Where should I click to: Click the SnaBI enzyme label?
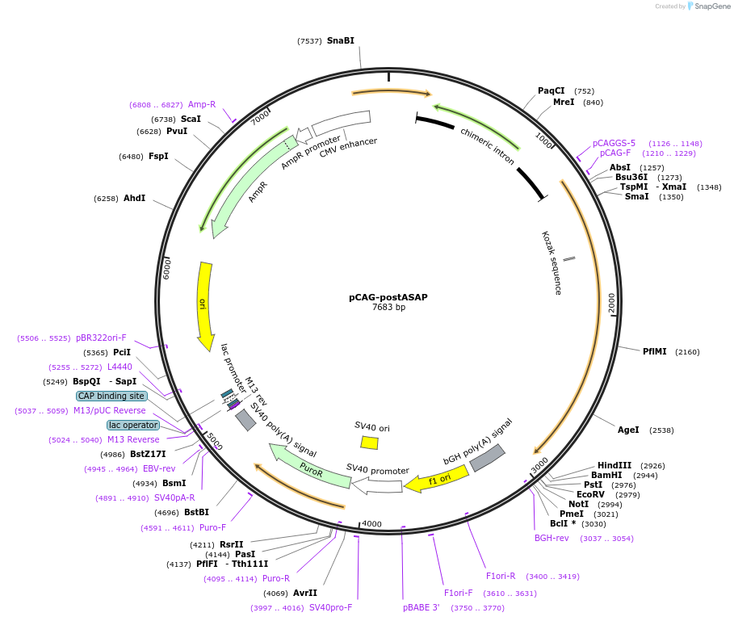pyautogui.click(x=340, y=40)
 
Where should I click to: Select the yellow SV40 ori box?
pyautogui.click(x=369, y=443)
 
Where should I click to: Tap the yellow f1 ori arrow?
pyautogui.click(x=436, y=480)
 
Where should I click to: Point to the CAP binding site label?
pyautogui.click(x=112, y=396)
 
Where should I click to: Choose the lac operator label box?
pyautogui.click(x=133, y=425)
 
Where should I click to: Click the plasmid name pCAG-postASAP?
pyautogui.click(x=388, y=297)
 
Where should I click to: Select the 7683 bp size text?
pyautogui.click(x=388, y=308)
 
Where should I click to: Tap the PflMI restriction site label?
pyautogui.click(x=654, y=351)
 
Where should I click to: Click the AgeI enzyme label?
pyautogui.click(x=628, y=430)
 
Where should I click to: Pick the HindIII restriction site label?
pyautogui.click(x=614, y=465)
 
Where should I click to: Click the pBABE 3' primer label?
pyautogui.click(x=422, y=606)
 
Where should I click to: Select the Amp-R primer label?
pyautogui.click(x=202, y=104)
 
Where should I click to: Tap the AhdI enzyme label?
pyautogui.click(x=135, y=198)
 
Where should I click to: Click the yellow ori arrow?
pyautogui.click(x=205, y=303)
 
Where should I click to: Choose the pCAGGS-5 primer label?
pyautogui.click(x=614, y=143)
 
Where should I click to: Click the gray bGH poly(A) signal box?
pyautogui.click(x=488, y=457)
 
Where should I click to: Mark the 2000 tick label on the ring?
pyautogui.click(x=611, y=303)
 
